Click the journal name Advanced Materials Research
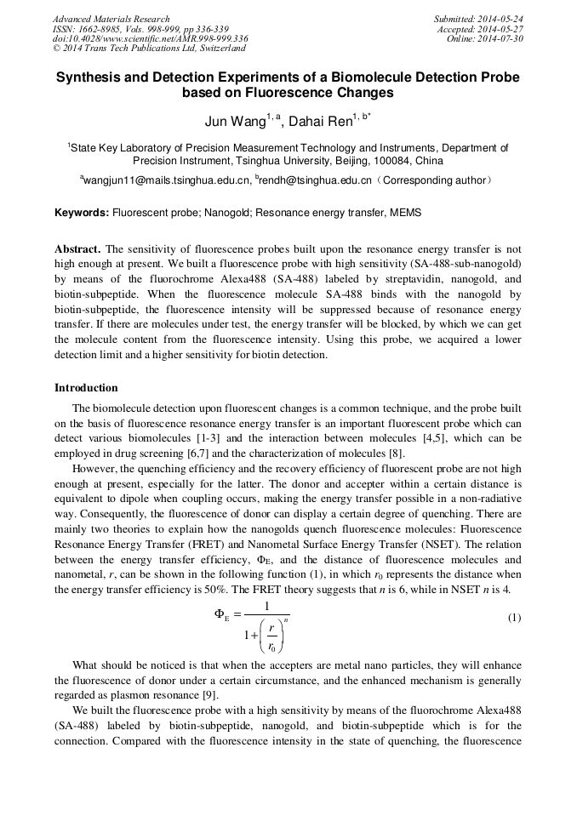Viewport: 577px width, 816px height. [x=111, y=19]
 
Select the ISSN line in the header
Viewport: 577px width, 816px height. [x=141, y=29]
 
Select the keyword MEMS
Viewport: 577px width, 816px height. [x=406, y=213]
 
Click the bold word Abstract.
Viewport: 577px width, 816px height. [x=77, y=249]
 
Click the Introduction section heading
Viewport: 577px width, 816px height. [x=86, y=388]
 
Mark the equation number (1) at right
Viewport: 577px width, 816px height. [x=514, y=618]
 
